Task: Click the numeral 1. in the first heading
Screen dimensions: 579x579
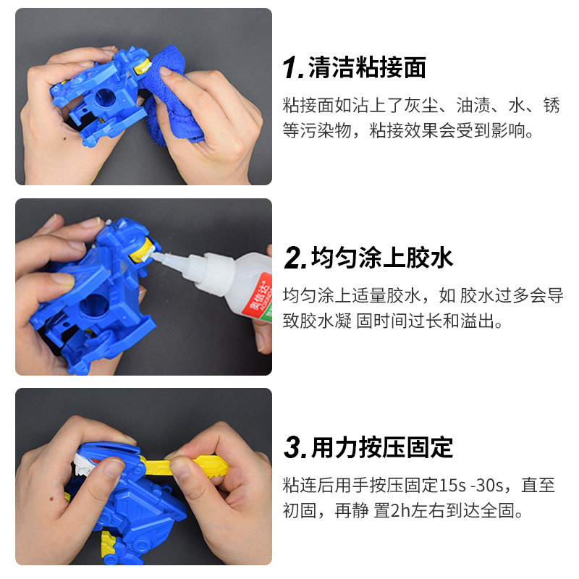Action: tap(294, 69)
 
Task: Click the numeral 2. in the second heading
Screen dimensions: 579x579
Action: tap(295, 258)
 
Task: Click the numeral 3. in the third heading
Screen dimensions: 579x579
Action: tap(295, 448)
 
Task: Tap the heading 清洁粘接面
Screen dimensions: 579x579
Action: tap(367, 68)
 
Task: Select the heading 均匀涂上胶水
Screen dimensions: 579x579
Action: tap(381, 258)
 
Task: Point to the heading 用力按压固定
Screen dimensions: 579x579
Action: tap(381, 447)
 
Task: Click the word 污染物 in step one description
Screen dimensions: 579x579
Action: tap(327, 132)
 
